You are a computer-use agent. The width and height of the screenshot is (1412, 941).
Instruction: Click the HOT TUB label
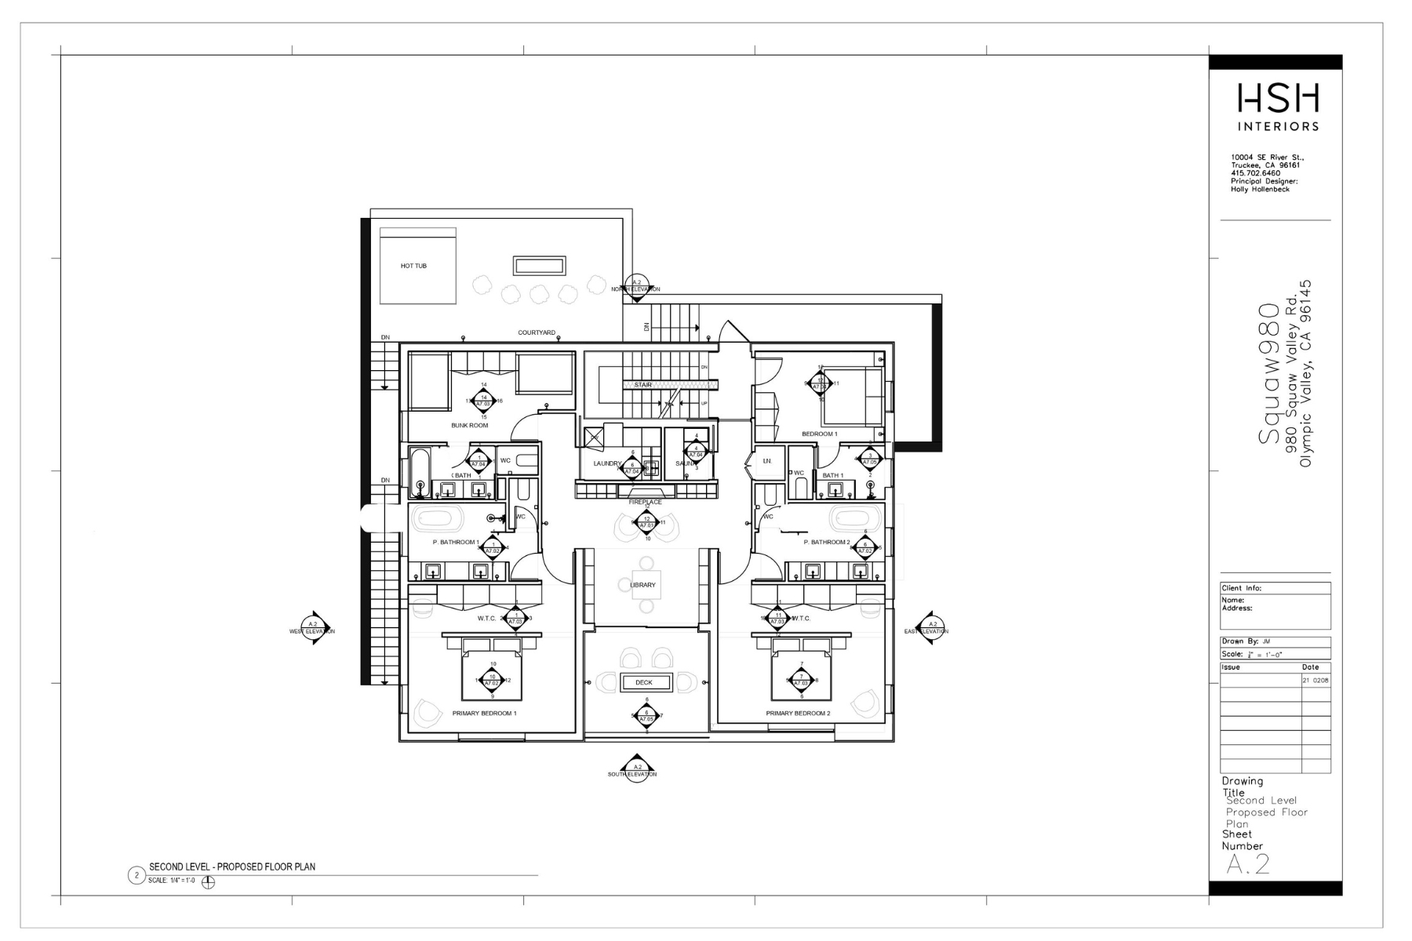click(413, 266)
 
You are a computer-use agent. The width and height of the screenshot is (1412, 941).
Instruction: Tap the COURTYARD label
click(536, 332)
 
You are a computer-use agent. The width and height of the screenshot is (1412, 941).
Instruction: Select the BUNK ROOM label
click(469, 425)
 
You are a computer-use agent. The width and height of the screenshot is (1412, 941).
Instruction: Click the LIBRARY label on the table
click(643, 585)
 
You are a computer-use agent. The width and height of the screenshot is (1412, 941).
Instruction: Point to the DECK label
click(644, 682)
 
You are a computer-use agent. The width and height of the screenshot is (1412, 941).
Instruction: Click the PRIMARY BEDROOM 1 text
click(484, 714)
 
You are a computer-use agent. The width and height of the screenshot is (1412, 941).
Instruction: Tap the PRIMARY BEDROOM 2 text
click(798, 714)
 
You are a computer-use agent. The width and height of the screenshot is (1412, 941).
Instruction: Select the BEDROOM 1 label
click(819, 434)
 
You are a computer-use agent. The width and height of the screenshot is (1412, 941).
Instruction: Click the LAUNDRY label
click(607, 463)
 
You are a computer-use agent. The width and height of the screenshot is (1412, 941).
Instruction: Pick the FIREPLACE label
click(645, 502)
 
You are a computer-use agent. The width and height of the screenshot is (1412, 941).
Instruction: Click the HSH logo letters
click(1278, 99)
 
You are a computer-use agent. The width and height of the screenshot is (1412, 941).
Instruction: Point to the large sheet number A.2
click(1247, 863)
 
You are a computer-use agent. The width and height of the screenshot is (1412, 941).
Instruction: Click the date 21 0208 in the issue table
click(1316, 680)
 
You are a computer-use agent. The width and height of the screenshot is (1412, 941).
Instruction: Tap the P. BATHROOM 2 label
click(826, 542)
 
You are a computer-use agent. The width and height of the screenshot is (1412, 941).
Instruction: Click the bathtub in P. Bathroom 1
click(439, 518)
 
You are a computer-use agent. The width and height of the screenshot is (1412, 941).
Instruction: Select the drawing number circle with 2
click(136, 875)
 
